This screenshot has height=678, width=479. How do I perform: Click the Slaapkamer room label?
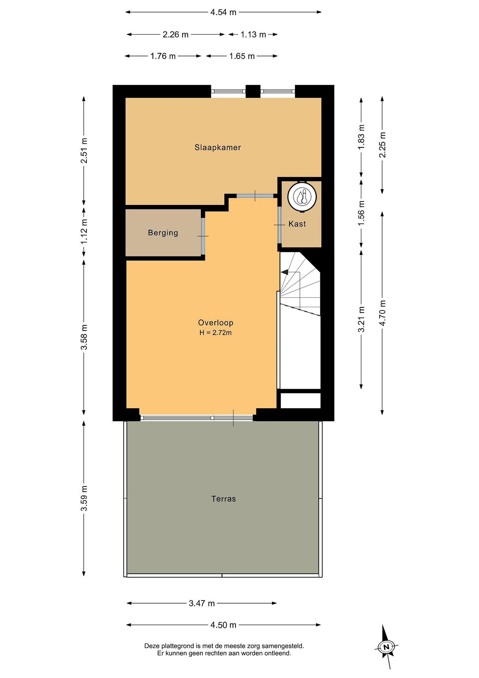click(x=218, y=147)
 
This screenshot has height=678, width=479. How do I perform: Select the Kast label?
click(x=297, y=224)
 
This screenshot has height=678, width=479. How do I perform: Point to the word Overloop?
click(x=216, y=323)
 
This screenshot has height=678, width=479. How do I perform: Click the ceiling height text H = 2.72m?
click(x=216, y=333)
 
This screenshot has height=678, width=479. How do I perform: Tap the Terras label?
click(x=224, y=499)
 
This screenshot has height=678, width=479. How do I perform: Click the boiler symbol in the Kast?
click(x=302, y=196)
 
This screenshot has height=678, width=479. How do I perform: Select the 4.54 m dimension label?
click(x=223, y=12)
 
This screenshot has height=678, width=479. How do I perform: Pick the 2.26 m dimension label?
click(x=175, y=35)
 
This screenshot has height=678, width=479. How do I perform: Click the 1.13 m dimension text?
click(x=253, y=35)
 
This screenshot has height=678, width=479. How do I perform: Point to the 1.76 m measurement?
click(x=163, y=56)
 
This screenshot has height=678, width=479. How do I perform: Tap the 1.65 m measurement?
click(x=242, y=56)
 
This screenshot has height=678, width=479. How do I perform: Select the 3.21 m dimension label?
click(x=361, y=319)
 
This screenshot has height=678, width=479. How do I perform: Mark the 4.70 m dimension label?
click(x=383, y=313)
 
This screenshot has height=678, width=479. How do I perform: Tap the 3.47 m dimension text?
click(x=202, y=603)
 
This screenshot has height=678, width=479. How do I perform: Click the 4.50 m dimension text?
click(x=223, y=625)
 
